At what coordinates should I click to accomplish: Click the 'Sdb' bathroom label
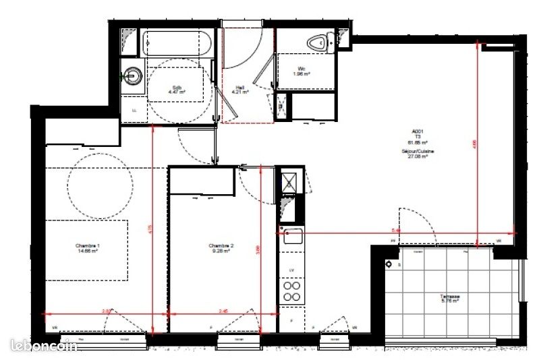177,88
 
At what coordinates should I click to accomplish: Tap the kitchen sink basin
292,237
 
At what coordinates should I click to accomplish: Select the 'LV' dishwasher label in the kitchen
291,270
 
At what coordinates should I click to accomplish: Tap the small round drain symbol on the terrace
389,265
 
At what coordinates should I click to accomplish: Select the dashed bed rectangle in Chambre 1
86,249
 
